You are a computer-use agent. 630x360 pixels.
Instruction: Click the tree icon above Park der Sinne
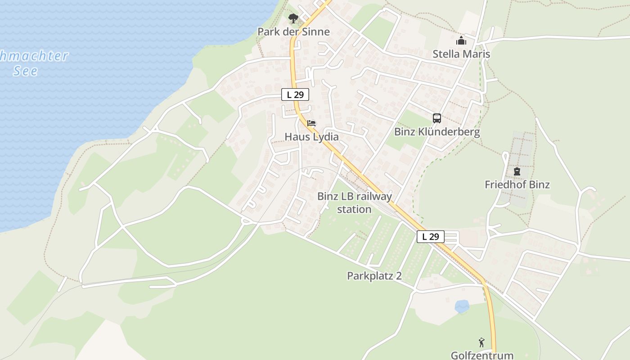click(x=293, y=18)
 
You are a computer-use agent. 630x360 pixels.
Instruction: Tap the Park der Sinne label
click(x=293, y=31)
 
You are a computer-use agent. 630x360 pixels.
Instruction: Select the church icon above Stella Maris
click(x=461, y=41)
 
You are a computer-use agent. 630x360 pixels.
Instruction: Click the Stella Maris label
click(x=461, y=54)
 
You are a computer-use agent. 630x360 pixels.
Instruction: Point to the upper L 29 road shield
click(x=295, y=94)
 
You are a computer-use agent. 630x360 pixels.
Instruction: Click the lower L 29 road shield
click(x=431, y=236)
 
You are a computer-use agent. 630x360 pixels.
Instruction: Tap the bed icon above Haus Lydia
click(x=311, y=123)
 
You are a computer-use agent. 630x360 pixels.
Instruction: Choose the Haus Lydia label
click(x=311, y=136)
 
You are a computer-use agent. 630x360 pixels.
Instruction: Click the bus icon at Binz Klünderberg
click(x=437, y=118)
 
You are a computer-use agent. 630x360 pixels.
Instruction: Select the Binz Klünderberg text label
click(x=437, y=132)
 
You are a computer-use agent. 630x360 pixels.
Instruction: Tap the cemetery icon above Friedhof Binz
click(x=517, y=171)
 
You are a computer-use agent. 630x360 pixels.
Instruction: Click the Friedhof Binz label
click(x=517, y=184)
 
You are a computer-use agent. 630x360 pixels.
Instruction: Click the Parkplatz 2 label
click(x=374, y=276)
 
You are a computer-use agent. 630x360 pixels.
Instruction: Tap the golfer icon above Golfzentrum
click(x=482, y=342)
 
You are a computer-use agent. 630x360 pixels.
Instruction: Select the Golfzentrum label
click(x=482, y=355)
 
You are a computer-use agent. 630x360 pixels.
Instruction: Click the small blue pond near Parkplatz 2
click(x=462, y=306)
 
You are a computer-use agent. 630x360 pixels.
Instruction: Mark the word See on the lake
click(x=26, y=71)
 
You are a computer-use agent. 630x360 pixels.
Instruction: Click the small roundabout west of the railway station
click(x=246, y=220)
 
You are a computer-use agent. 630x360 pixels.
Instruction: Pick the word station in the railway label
click(x=354, y=209)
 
